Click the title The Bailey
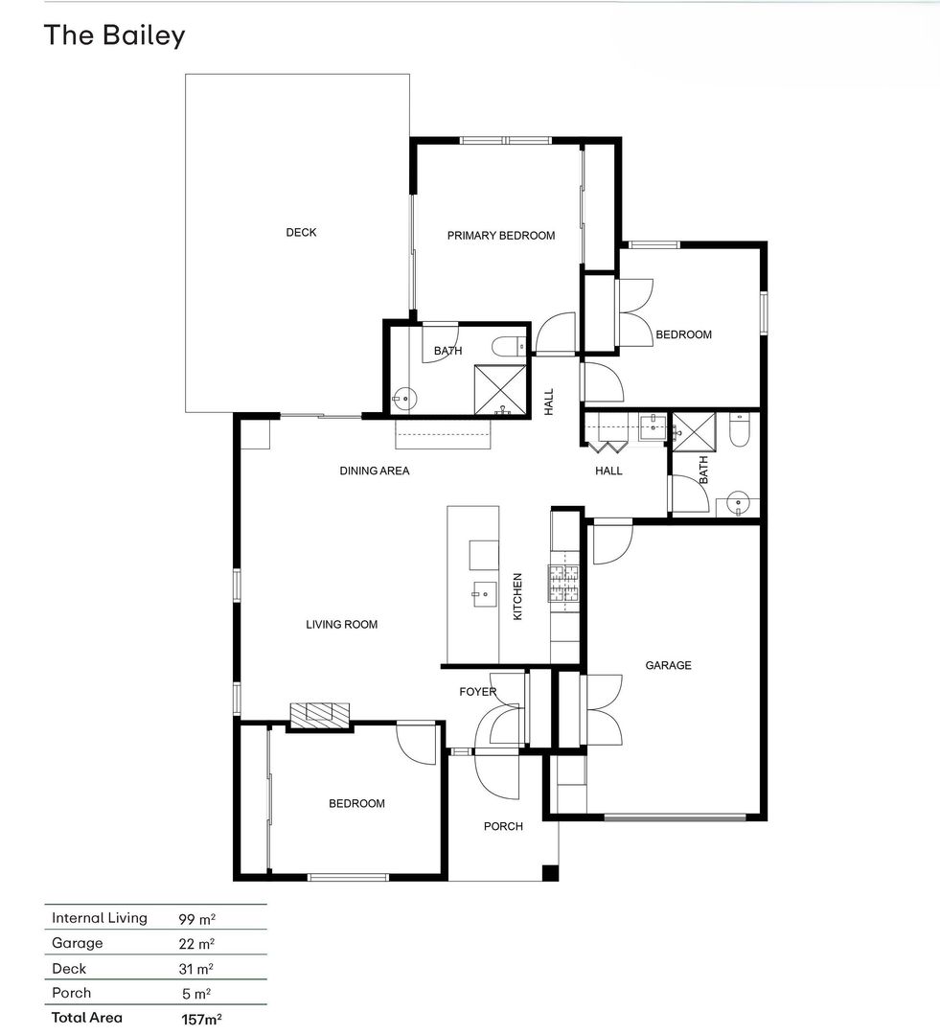tap(114, 35)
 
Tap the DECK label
tap(301, 232)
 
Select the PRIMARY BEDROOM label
tap(501, 236)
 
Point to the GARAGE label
tap(668, 665)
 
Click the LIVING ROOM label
tap(341, 625)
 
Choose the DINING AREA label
tap(375, 471)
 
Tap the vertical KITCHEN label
tap(517, 596)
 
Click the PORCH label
tap(503, 826)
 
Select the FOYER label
tap(478, 692)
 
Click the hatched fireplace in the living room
tap(319, 716)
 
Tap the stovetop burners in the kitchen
tap(563, 584)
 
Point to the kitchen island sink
tap(484, 594)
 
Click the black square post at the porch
tap(550, 873)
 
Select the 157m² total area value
tap(201, 1019)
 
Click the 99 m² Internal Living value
tap(196, 919)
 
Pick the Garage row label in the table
tap(78, 943)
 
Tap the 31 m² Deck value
tap(196, 969)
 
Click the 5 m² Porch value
tap(196, 994)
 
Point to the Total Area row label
tap(87, 1018)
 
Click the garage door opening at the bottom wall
tap(675, 817)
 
